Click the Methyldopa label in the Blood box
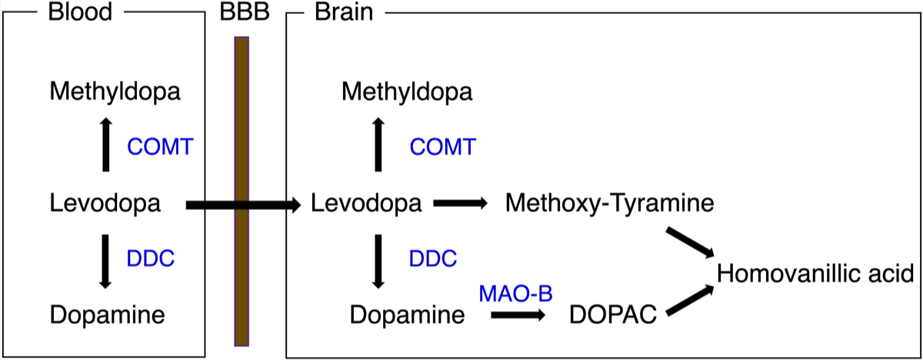tap(115, 93)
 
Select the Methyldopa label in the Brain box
tap(408, 93)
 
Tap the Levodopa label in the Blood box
tap(105, 205)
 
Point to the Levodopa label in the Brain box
tap(367, 205)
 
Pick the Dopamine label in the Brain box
tap(407, 315)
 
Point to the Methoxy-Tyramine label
tap(610, 205)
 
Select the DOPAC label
tap(613, 315)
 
